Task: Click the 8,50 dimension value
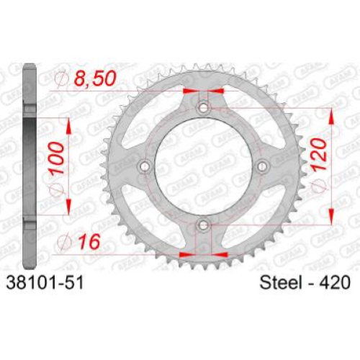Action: click(x=95, y=78)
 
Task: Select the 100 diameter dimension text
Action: click(x=57, y=158)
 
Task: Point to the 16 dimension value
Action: click(x=89, y=241)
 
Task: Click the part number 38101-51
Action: click(x=45, y=282)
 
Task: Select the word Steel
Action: click(x=281, y=282)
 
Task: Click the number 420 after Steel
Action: click(x=335, y=282)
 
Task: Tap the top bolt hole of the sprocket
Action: click(x=204, y=108)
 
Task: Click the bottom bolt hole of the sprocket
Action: click(x=204, y=225)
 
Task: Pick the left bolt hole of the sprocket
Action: click(x=145, y=166)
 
